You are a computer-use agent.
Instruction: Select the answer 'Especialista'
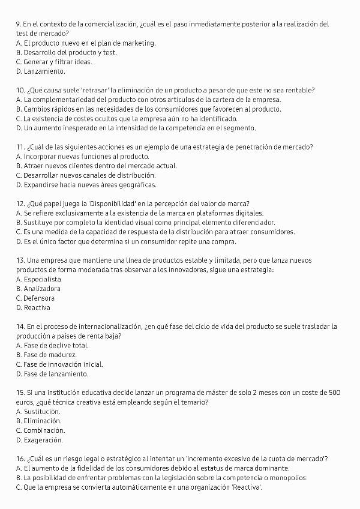click(x=42, y=280)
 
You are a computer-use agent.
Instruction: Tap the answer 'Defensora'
click(x=39, y=298)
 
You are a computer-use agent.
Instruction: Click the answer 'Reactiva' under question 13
click(x=37, y=308)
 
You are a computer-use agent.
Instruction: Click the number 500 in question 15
click(x=334, y=393)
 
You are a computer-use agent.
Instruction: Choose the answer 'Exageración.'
click(x=43, y=440)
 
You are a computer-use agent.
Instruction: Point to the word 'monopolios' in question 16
click(x=289, y=478)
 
